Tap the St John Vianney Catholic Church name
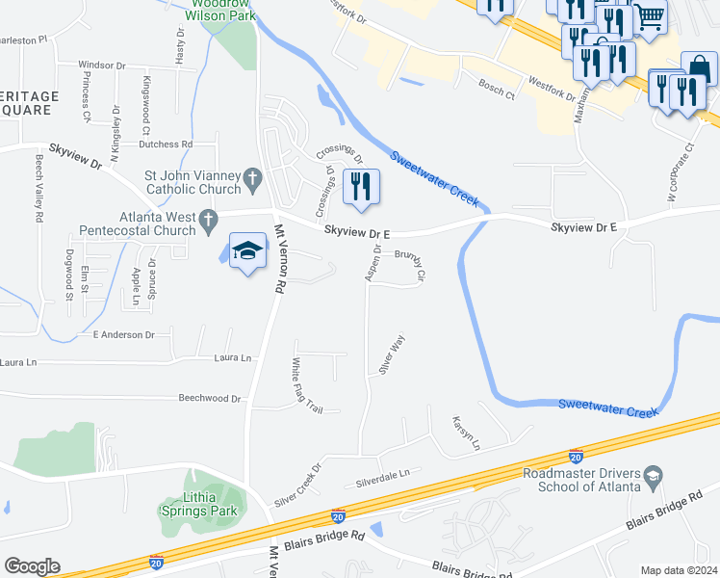tap(193, 183)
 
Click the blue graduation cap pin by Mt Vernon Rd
tap(247, 252)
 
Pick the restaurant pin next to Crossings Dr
tap(361, 188)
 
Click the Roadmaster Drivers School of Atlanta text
tap(581, 480)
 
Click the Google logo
tap(32, 566)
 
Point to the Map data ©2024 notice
tap(678, 570)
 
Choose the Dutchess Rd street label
tap(166, 144)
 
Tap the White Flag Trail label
tap(308, 385)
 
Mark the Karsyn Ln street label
tap(467, 433)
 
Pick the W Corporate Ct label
tap(680, 173)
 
